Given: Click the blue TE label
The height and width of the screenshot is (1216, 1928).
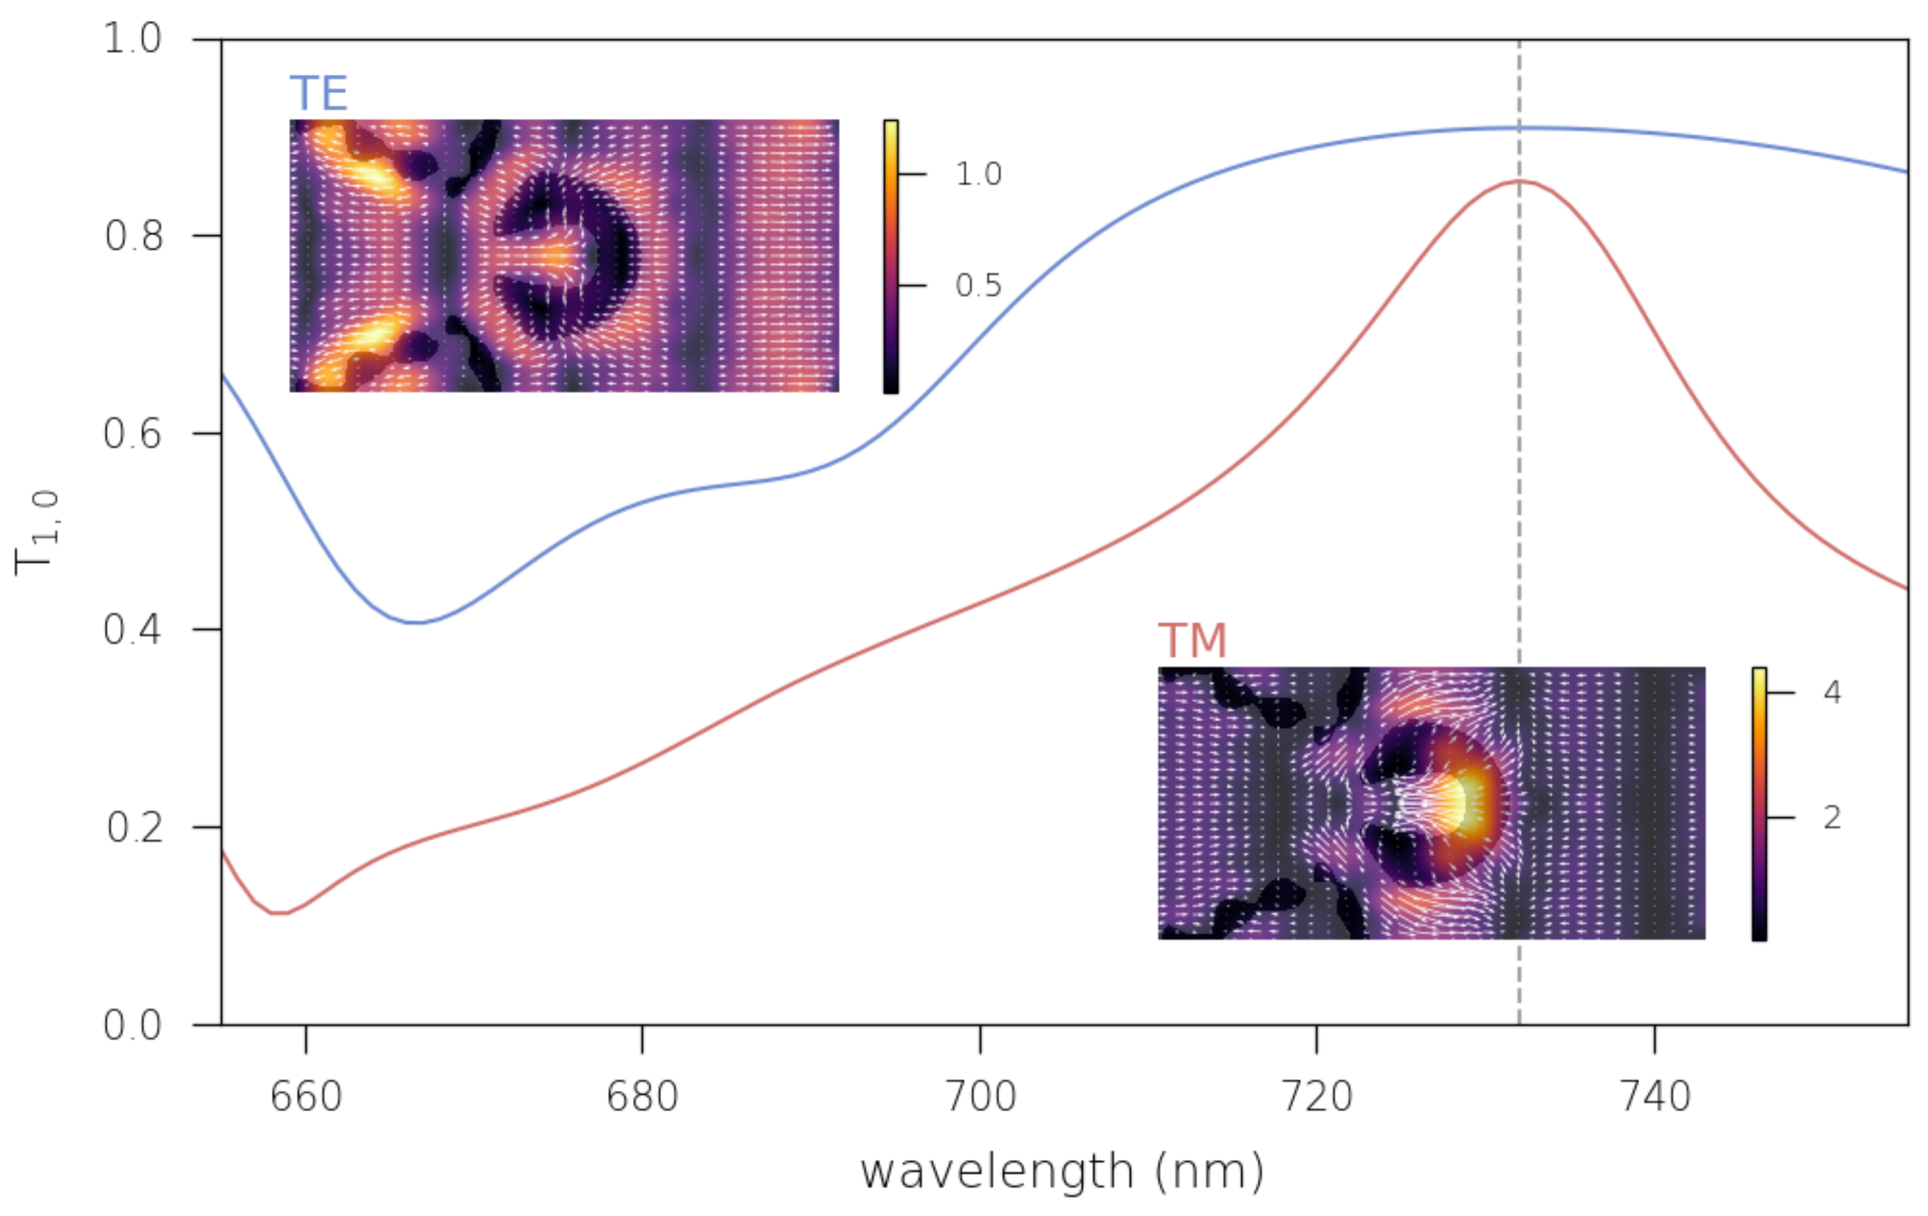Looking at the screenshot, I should pyautogui.click(x=319, y=94).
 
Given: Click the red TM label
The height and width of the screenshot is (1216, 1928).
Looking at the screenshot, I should pyautogui.click(x=1192, y=641).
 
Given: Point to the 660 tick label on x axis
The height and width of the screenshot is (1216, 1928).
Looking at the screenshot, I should pyautogui.click(x=306, y=1096).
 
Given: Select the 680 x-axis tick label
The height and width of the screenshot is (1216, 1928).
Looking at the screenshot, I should pyautogui.click(x=642, y=1096).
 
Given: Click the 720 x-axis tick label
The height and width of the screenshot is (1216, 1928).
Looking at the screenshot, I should pyautogui.click(x=1317, y=1096).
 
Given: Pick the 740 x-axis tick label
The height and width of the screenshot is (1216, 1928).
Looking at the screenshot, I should pyautogui.click(x=1655, y=1096).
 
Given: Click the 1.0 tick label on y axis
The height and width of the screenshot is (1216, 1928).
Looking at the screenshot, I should pyautogui.click(x=133, y=38).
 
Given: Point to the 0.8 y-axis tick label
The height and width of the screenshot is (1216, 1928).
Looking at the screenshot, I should pyautogui.click(x=133, y=236).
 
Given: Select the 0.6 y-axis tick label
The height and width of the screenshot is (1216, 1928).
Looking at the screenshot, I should pyautogui.click(x=133, y=434).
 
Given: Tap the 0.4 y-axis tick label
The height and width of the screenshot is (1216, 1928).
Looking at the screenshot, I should pyautogui.click(x=133, y=630).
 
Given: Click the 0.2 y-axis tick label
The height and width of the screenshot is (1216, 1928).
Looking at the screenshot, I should pyautogui.click(x=133, y=827).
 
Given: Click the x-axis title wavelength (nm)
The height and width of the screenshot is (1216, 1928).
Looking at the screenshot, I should pyautogui.click(x=1062, y=1173).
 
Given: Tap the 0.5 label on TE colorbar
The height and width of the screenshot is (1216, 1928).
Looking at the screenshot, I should pyautogui.click(x=978, y=286).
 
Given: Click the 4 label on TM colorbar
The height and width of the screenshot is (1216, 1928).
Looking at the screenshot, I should pyautogui.click(x=1832, y=692).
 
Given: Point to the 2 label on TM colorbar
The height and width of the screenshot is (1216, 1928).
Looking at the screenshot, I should pyautogui.click(x=1832, y=817).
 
